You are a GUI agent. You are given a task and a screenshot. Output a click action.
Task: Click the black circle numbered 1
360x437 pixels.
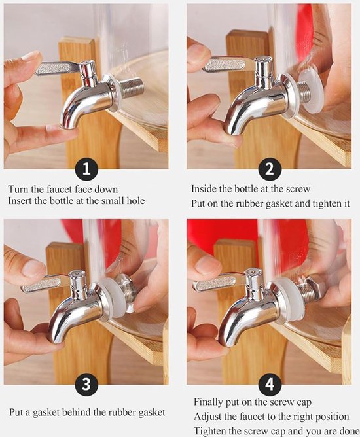click(86, 169)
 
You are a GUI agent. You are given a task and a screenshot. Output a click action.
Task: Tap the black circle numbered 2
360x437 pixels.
click(269, 169)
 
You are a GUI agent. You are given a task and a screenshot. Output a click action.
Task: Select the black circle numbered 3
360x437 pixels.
click(86, 384)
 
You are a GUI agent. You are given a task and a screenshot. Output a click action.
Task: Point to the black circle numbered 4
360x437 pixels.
click(269, 384)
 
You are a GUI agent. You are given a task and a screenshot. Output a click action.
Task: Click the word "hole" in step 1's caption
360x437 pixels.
click(135, 201)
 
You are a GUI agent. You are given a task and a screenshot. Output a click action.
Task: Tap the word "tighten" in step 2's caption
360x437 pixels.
click(325, 203)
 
